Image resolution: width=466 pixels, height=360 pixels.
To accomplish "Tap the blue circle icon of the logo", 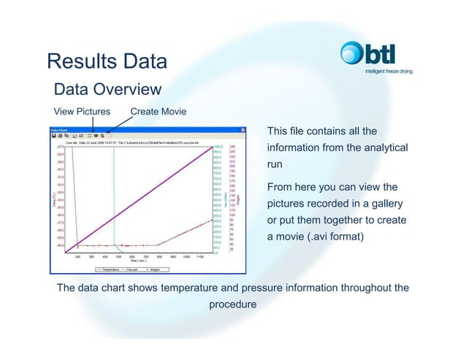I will (351, 53).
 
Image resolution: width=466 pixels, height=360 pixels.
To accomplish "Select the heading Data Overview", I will (107, 90).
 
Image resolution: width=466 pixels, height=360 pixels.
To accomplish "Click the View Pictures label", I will (83, 112).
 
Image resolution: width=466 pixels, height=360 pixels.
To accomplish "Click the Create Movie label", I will (158, 112).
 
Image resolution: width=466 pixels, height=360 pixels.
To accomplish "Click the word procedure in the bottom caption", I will (232, 305).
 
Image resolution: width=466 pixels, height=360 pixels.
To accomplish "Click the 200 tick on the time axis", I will (77, 256).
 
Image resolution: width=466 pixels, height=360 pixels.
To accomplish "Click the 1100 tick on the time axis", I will (199, 256).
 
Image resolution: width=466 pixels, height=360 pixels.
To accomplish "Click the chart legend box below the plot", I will (138, 268).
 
